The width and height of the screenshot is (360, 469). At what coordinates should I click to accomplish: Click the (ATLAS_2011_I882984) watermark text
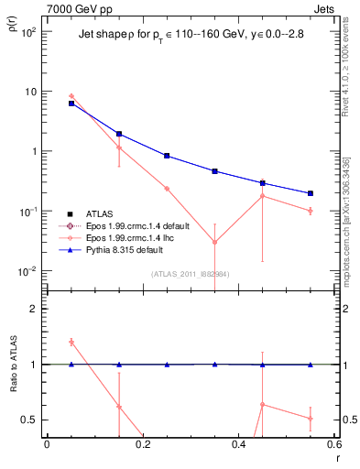coord(190,274)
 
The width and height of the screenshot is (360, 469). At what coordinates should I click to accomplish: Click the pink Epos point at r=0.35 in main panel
coord(214,242)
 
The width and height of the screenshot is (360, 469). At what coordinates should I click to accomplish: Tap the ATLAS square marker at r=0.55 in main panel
coord(311,193)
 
